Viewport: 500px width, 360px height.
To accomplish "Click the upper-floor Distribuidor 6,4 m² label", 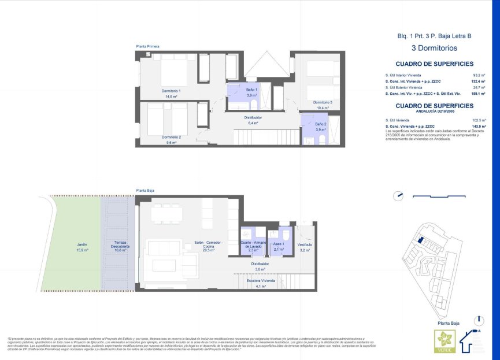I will [253, 120].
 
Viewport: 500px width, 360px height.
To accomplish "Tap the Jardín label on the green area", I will [82, 247].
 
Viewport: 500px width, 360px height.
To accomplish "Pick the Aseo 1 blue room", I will [279, 247].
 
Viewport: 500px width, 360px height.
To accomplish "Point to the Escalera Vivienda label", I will [260, 283].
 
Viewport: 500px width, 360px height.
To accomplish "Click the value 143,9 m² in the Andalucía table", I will [477, 126].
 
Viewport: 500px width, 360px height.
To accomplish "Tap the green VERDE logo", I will [445, 341].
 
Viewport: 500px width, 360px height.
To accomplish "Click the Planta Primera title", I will [147, 46].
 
